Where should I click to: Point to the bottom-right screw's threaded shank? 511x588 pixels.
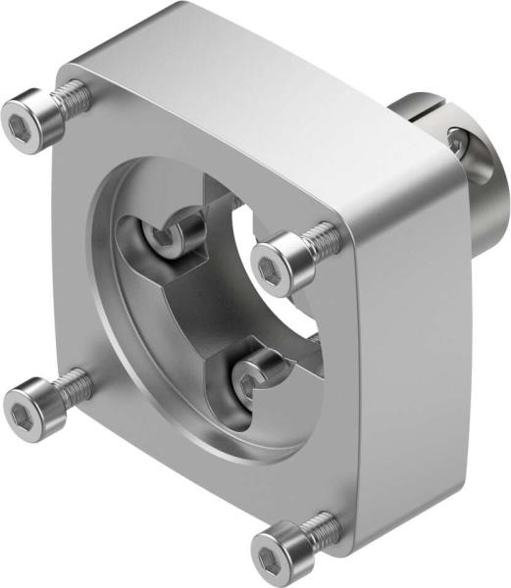[x=320, y=525]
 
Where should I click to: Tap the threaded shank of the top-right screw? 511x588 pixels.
[x=320, y=237]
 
